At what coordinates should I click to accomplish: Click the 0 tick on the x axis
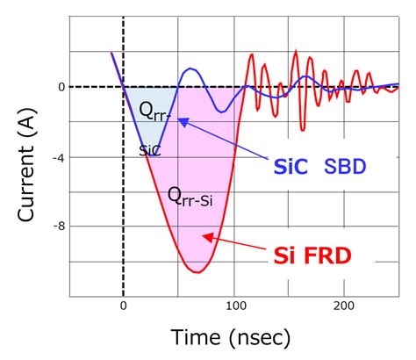[123, 305]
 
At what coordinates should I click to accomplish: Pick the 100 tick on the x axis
[234, 305]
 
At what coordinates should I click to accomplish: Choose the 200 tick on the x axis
[345, 305]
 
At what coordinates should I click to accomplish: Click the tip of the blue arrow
[178, 119]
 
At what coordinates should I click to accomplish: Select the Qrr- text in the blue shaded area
[155, 110]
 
